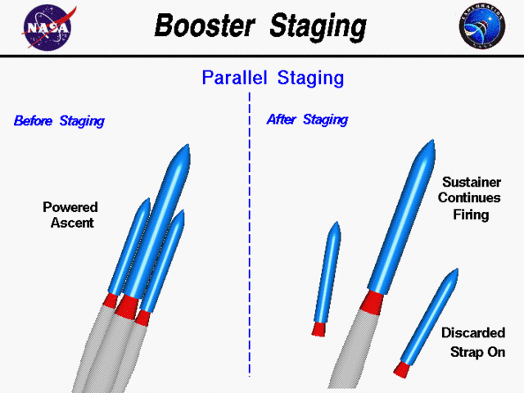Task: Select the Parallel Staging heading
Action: click(273, 79)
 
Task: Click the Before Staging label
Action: click(59, 121)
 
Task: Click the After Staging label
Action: click(307, 120)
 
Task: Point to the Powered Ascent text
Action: click(70, 215)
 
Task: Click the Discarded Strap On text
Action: click(473, 342)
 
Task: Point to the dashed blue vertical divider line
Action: click(250, 246)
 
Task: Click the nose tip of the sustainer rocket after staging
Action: click(429, 145)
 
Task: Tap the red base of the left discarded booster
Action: click(318, 329)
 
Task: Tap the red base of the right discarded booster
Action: click(402, 369)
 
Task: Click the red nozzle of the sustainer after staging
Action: click(372, 300)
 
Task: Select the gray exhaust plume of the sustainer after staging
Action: click(353, 352)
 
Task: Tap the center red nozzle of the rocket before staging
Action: click(127, 306)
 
